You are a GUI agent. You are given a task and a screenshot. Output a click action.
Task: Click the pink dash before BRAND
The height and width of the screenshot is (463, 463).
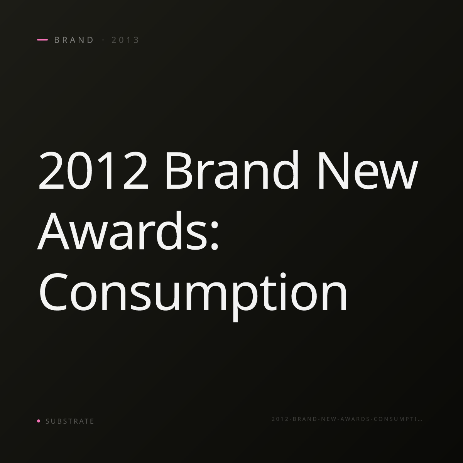(42, 40)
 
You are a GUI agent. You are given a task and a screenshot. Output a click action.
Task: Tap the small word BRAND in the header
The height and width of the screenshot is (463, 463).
(74, 40)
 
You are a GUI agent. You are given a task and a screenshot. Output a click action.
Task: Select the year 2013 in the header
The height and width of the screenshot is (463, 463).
(125, 40)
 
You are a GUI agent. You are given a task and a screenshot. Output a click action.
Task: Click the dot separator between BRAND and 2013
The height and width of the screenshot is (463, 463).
(103, 40)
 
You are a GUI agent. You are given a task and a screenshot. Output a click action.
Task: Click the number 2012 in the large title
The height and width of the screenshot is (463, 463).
(93, 171)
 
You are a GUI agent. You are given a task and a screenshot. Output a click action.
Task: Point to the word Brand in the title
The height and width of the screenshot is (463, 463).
(232, 169)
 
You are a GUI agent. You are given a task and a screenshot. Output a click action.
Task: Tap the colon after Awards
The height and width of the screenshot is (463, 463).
(214, 237)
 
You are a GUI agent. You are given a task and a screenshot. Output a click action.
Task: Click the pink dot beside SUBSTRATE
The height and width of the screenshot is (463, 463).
(39, 421)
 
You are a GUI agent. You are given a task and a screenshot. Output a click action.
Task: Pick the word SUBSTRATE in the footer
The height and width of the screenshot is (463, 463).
(70, 421)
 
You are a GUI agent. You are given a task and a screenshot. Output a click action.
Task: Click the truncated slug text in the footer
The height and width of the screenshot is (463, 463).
(347, 419)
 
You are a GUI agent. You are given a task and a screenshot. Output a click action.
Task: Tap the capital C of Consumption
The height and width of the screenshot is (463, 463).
(53, 292)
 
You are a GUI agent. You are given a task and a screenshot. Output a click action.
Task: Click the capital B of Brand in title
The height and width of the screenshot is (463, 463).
(179, 171)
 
